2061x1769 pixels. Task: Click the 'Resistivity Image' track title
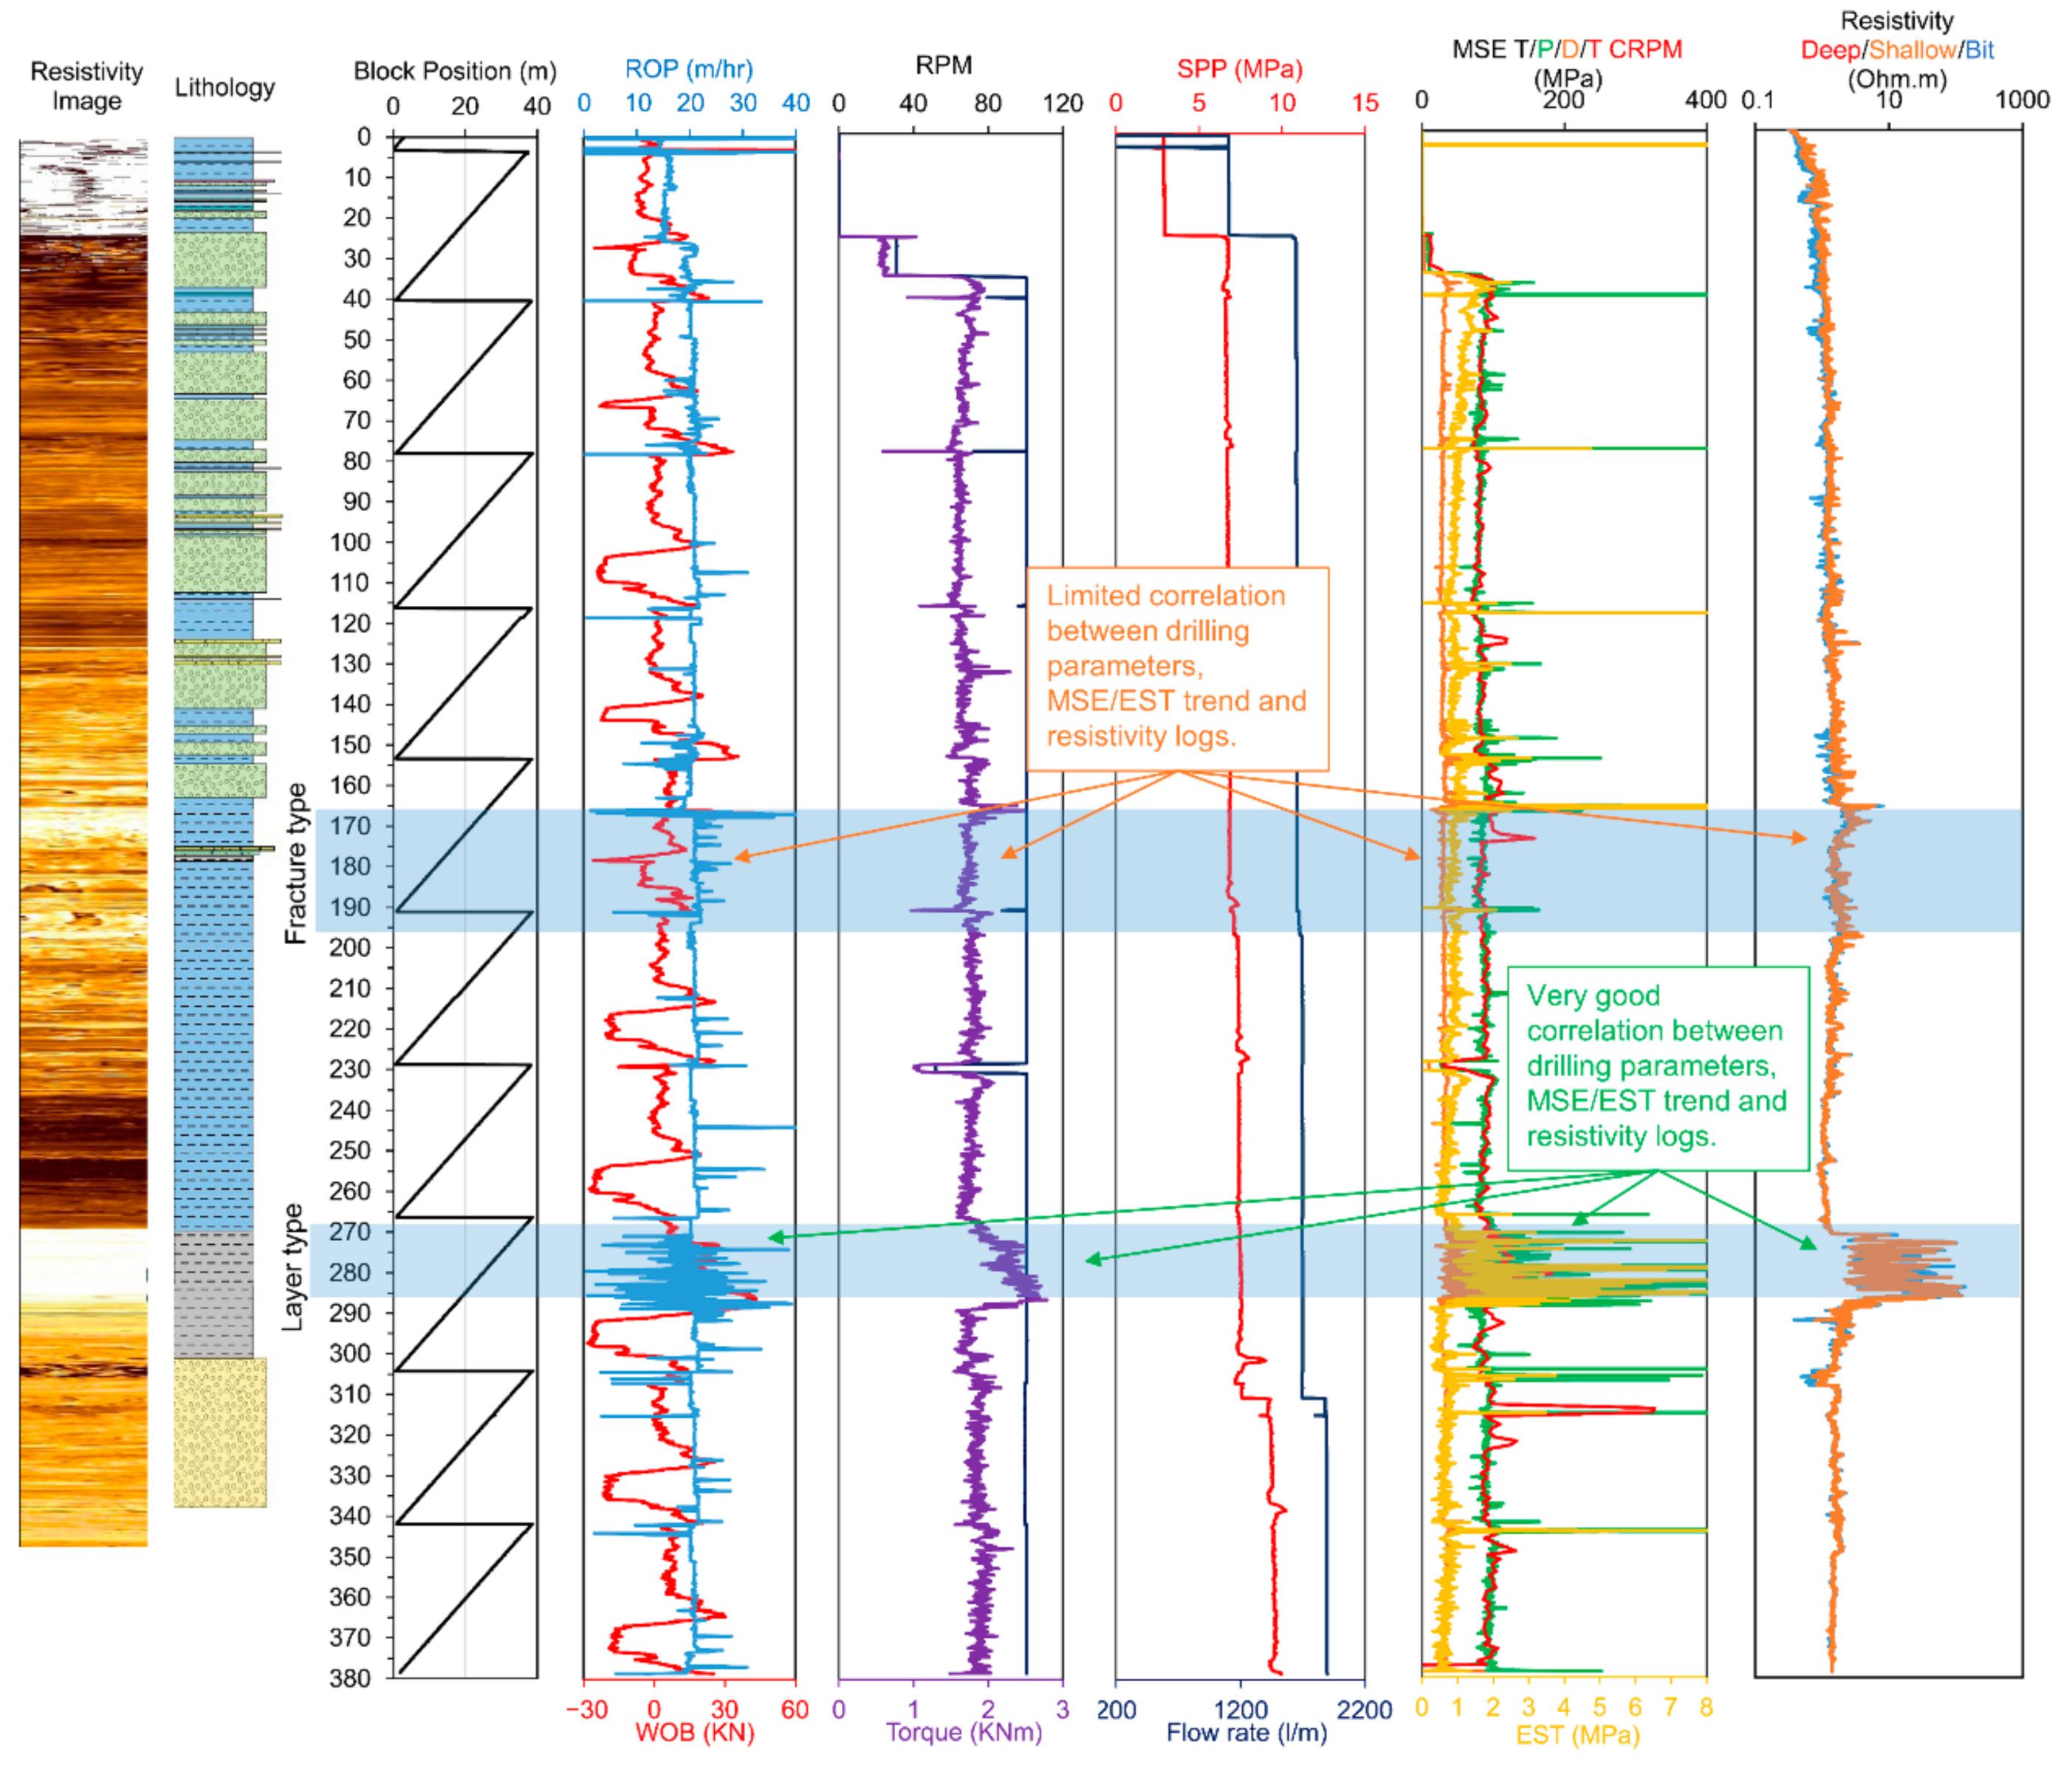pyautogui.click(x=86, y=86)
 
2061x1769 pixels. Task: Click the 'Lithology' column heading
pyautogui.click(x=224, y=88)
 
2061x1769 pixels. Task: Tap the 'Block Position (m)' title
pyautogui.click(x=455, y=72)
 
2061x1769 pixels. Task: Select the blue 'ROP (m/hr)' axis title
pyautogui.click(x=688, y=69)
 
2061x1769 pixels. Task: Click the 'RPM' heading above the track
pyautogui.click(x=943, y=66)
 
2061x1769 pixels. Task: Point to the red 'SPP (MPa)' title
pyautogui.click(x=1239, y=69)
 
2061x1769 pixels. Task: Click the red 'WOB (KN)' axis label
pyautogui.click(x=694, y=1732)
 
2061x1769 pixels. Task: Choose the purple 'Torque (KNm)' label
pyautogui.click(x=964, y=1732)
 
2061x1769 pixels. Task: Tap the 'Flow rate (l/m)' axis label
pyautogui.click(x=1246, y=1732)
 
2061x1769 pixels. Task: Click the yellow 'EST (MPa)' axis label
pyautogui.click(x=1577, y=1734)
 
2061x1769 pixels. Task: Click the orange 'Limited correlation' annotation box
pyautogui.click(x=1177, y=668)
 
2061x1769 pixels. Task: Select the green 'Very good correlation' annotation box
pyautogui.click(x=1657, y=1067)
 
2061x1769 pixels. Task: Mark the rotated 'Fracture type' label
pyautogui.click(x=295, y=863)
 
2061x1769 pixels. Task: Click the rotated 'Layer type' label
pyautogui.click(x=292, y=1267)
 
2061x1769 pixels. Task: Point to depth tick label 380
pyautogui.click(x=349, y=1677)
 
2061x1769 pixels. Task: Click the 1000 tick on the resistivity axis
pyautogui.click(x=2022, y=100)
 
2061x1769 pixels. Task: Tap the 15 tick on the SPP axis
pyautogui.click(x=1365, y=103)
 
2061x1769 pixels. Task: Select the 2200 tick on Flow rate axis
pyautogui.click(x=1365, y=1708)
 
